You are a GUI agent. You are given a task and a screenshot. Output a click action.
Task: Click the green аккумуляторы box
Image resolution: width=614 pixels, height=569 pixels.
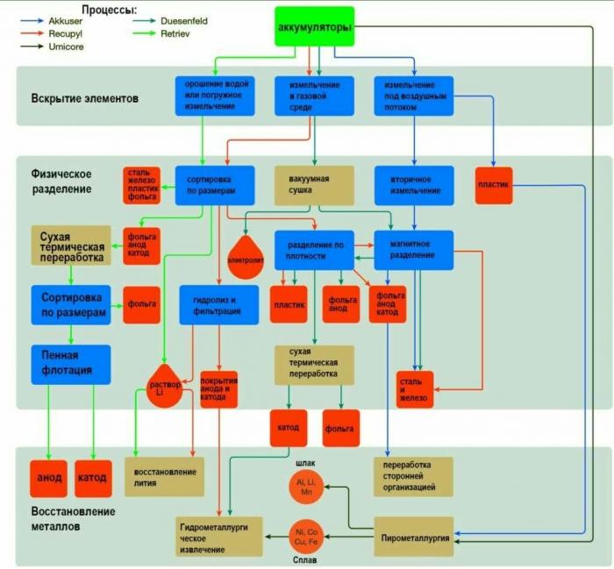[x=314, y=26]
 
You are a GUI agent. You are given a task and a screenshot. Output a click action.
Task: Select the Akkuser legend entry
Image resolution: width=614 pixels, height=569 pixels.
[x=52, y=21]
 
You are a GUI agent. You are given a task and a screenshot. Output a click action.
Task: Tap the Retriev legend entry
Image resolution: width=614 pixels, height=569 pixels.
[x=161, y=33]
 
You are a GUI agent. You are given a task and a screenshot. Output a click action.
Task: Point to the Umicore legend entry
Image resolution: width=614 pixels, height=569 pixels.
[x=52, y=46]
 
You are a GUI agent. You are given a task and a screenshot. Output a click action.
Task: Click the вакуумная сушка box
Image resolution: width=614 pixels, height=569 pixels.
[x=314, y=186]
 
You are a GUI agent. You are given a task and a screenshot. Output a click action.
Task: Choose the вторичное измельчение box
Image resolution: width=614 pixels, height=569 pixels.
[x=414, y=186]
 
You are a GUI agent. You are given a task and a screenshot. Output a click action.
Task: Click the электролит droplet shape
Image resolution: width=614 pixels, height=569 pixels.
[x=246, y=258]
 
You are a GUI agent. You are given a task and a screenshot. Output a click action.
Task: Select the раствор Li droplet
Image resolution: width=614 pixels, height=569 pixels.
[x=165, y=387]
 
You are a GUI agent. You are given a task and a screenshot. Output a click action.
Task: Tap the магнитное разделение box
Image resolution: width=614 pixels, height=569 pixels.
[x=414, y=250]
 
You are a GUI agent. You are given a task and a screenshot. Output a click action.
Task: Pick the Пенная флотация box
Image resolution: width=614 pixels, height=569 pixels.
[x=71, y=365]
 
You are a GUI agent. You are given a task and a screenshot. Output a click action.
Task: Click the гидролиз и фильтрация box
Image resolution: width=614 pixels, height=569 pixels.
[x=219, y=305]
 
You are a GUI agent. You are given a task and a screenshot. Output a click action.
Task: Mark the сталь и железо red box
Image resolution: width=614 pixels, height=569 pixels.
[x=415, y=389]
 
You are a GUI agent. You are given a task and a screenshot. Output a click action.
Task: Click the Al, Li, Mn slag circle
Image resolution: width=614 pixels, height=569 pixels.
[x=306, y=487]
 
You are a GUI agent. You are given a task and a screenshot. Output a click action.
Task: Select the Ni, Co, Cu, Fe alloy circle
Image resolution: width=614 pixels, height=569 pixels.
[x=306, y=537]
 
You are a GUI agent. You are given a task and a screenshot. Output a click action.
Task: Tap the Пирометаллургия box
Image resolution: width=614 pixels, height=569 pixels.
[x=414, y=537]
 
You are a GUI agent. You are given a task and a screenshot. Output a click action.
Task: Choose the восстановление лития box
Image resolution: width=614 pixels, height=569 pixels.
[x=165, y=477]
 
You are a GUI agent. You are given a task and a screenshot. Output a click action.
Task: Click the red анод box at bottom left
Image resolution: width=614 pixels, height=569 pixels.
[x=49, y=479]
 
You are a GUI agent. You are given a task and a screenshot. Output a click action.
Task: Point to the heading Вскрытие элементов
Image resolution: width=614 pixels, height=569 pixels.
[x=84, y=98]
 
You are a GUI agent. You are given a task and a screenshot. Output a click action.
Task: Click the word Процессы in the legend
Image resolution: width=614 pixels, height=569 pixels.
[x=110, y=10]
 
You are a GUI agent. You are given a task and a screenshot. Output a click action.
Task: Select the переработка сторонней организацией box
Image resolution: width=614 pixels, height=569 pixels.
[x=413, y=477]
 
